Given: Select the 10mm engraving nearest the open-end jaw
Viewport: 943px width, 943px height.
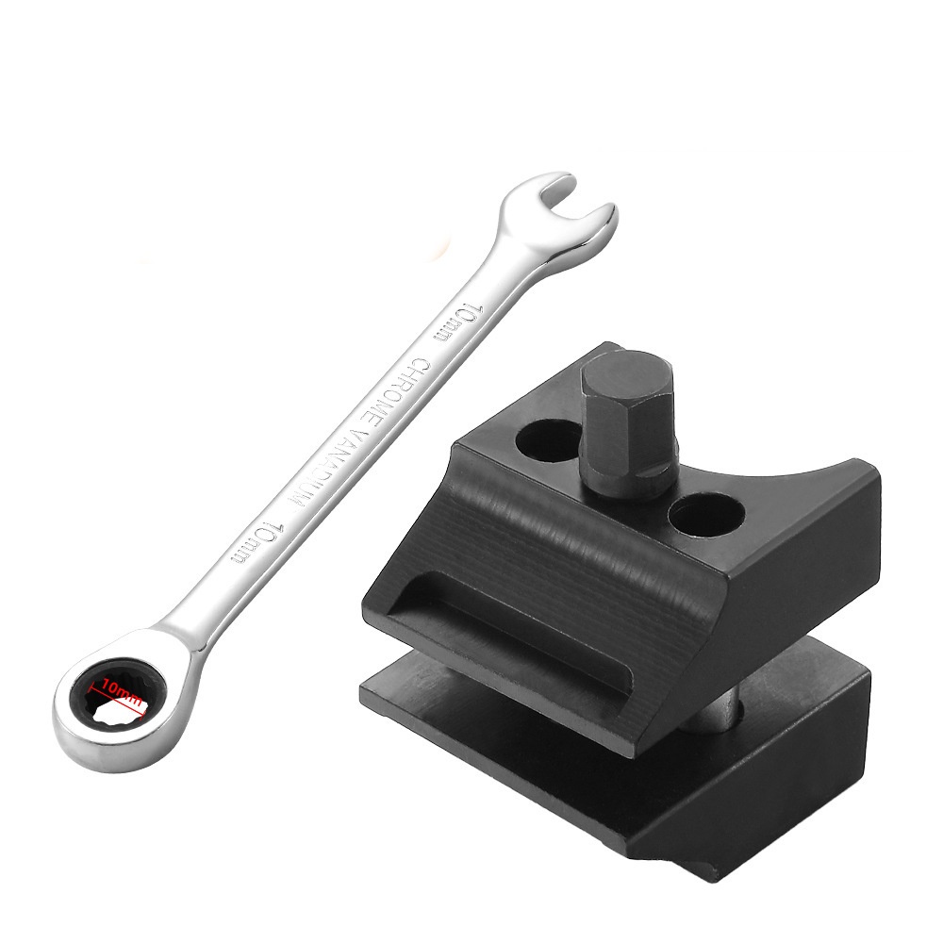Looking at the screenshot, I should point(457,323).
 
